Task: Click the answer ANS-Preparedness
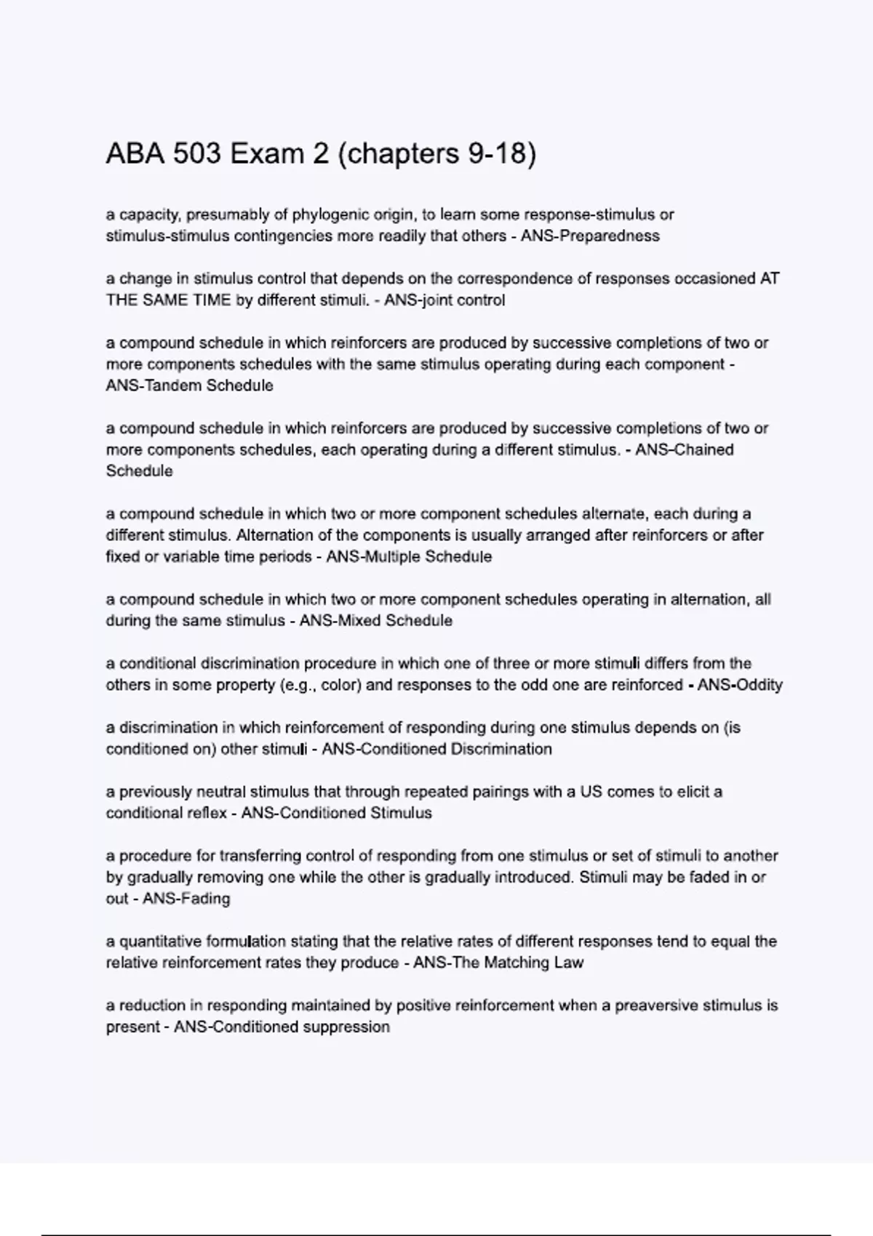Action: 590,236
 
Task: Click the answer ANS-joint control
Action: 444,300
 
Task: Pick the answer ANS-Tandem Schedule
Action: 190,386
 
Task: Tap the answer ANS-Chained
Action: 684,450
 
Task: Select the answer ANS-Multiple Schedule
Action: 409,557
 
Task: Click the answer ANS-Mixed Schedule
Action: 376,621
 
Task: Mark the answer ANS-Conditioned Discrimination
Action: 436,749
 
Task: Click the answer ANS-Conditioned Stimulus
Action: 336,813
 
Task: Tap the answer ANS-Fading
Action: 186,899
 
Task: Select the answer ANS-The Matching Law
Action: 498,963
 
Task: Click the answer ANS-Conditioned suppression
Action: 282,1027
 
